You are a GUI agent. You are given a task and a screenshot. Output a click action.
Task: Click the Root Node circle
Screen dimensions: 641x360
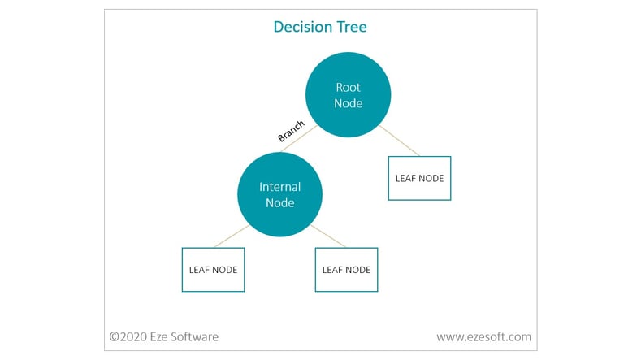[348, 94]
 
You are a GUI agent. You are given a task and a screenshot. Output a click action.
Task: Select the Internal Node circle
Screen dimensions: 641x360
[279, 194]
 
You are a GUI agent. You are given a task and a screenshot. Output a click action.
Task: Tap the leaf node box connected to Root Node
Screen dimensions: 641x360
[419, 178]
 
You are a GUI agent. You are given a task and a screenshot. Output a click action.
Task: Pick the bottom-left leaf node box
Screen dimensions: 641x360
[213, 270]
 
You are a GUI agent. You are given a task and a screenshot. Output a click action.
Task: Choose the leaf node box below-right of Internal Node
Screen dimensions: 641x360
[346, 270]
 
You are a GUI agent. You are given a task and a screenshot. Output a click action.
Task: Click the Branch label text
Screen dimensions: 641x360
[291, 131]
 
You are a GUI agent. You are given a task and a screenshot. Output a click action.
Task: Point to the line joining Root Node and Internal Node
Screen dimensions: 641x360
[299, 139]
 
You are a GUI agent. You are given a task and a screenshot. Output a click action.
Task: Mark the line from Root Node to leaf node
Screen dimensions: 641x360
[400, 141]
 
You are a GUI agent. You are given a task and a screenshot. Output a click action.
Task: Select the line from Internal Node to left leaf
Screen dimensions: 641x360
[232, 236]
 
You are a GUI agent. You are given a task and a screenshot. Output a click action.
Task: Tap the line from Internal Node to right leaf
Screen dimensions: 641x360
[328, 236]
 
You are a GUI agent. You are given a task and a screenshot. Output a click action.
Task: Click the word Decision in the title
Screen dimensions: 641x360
[302, 27]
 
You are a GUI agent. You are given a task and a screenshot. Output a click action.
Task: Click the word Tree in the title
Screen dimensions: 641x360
[352, 27]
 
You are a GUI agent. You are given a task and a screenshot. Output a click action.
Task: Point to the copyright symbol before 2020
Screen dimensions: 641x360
[114, 336]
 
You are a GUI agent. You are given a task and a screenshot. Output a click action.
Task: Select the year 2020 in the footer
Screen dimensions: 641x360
[133, 336]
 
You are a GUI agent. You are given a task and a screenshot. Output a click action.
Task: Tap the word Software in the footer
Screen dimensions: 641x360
[194, 336]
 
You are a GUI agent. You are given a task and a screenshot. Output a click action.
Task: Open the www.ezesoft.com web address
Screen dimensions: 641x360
[484, 336]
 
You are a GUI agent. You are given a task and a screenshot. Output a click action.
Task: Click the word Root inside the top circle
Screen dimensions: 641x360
[348, 87]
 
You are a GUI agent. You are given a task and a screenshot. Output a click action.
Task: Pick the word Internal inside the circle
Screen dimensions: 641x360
[279, 187]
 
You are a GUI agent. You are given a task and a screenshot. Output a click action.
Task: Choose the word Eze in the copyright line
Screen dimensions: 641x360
[158, 336]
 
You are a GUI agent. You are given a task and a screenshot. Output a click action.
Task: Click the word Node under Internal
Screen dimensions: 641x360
[279, 203]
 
